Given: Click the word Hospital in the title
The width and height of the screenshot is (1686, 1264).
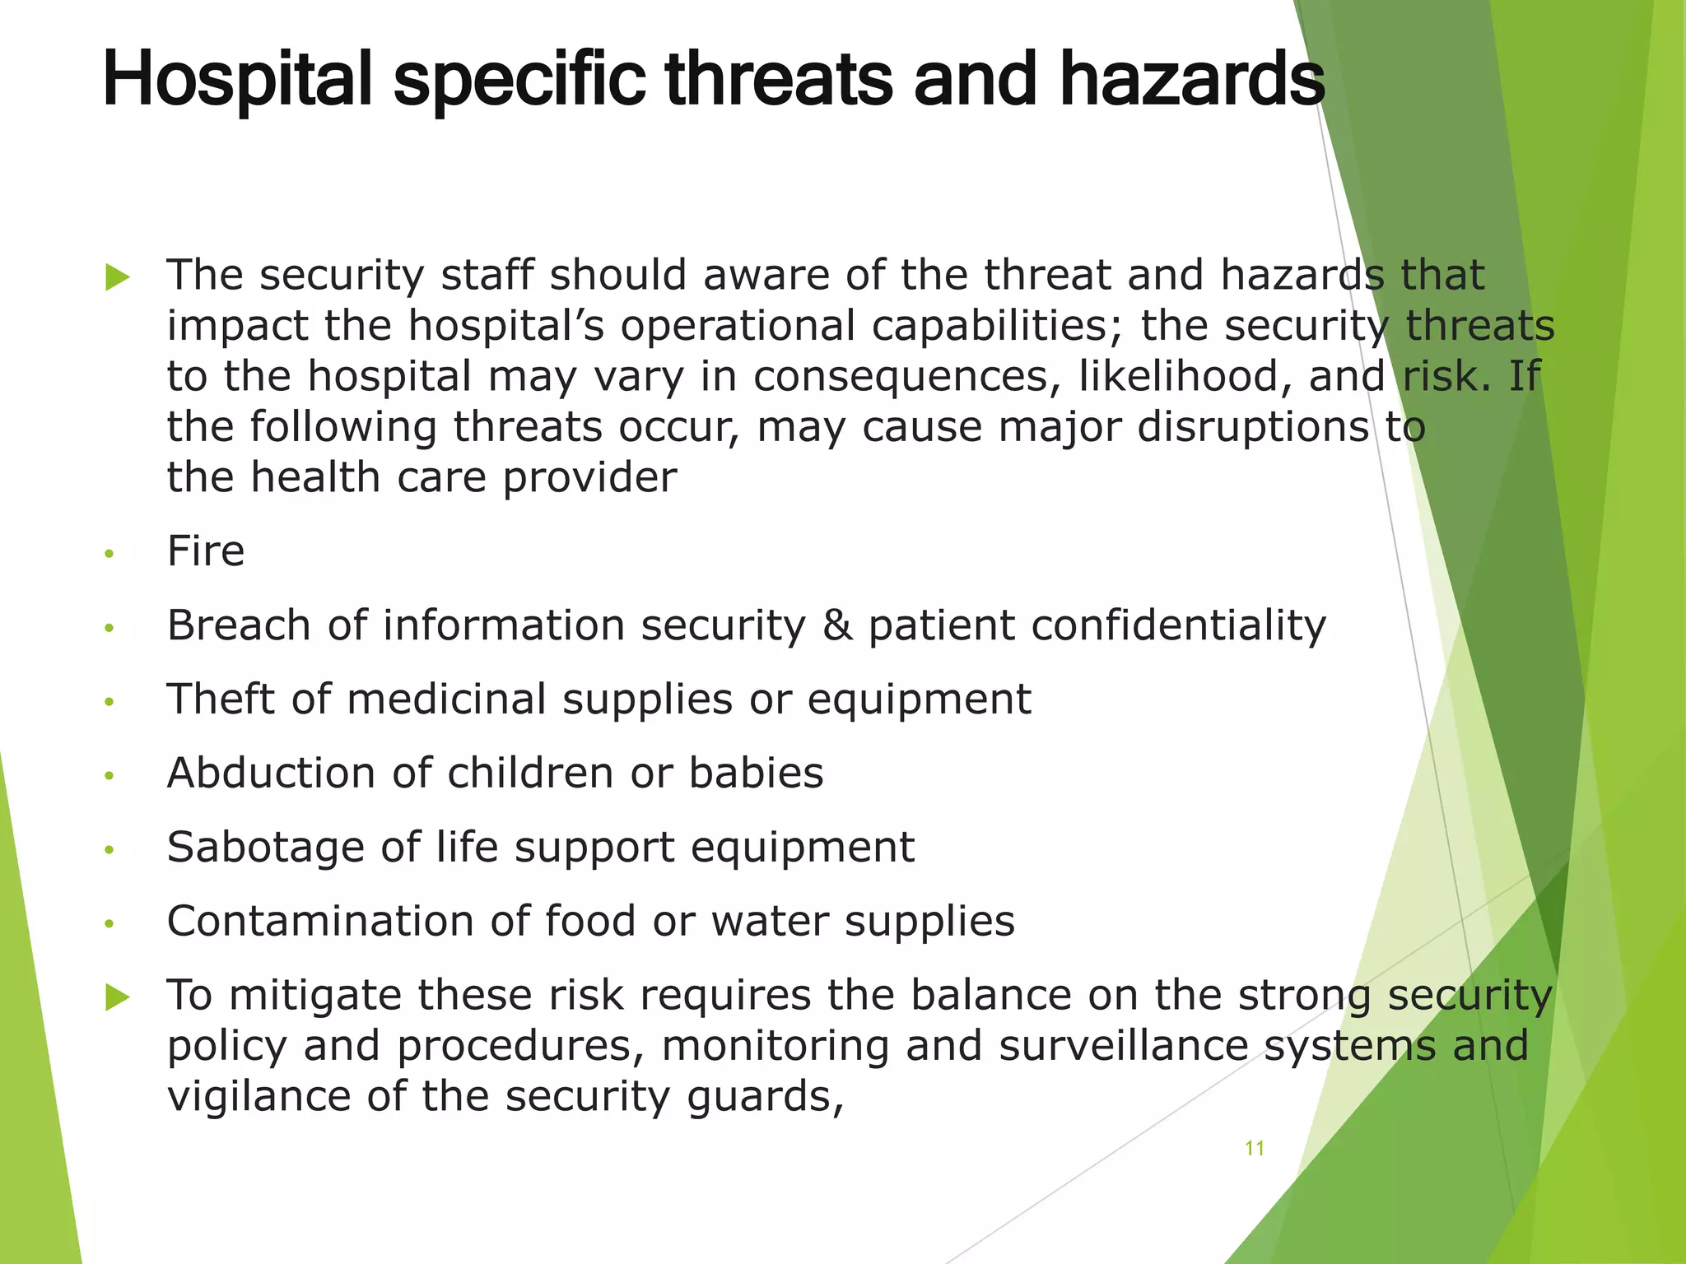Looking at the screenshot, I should coord(238,79).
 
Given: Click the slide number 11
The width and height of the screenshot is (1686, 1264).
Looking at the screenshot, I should coord(1254,1148).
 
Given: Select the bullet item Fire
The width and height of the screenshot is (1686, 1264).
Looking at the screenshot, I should coord(206,551).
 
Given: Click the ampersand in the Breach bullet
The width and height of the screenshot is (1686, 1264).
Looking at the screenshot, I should coord(837,625).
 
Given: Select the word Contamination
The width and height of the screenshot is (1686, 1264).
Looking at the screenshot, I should coord(320,921).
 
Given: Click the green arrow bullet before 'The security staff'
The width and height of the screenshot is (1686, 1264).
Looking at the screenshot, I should coord(118,278).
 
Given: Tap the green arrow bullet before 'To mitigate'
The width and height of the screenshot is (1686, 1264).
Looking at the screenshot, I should coord(118,998).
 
